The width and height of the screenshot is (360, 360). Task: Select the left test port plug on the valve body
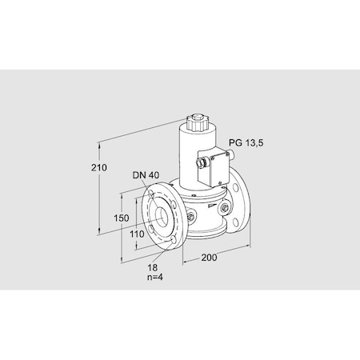(192, 217)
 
